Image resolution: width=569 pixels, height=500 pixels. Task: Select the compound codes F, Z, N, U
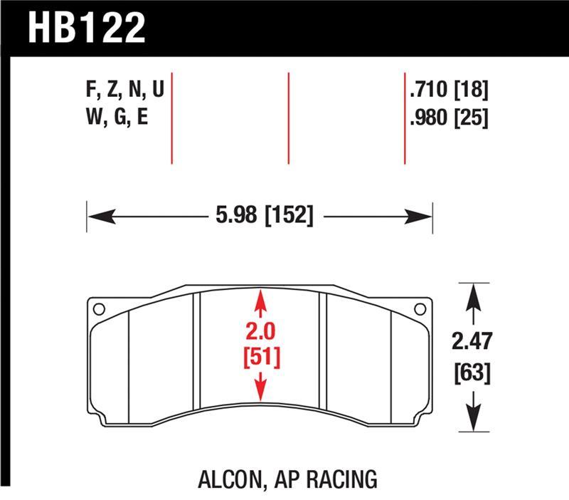point(124,90)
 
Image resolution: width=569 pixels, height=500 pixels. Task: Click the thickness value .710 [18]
point(449,90)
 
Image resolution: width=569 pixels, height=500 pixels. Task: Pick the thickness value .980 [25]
point(449,118)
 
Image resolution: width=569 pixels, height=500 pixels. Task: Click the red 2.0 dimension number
point(260,332)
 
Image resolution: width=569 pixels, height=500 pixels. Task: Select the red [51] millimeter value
point(260,356)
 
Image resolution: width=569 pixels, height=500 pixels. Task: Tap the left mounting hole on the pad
point(99,309)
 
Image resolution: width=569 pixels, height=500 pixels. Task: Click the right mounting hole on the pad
point(420,309)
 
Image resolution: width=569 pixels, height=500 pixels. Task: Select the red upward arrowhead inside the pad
point(260,298)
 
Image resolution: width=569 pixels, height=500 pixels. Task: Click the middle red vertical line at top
point(288,118)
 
